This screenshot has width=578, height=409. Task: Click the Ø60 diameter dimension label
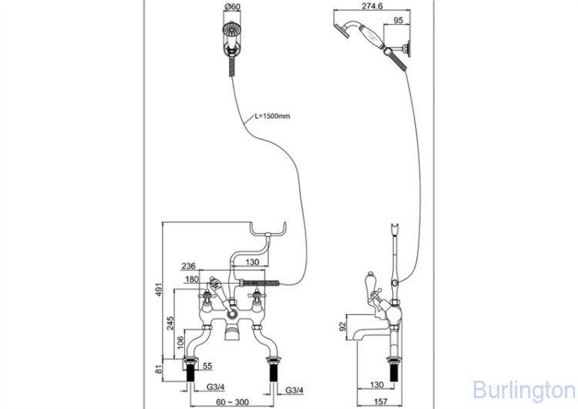pyautogui.click(x=232, y=8)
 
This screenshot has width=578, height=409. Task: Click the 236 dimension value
pyautogui.click(x=188, y=266)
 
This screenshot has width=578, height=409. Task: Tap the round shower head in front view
pyautogui.click(x=231, y=32)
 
